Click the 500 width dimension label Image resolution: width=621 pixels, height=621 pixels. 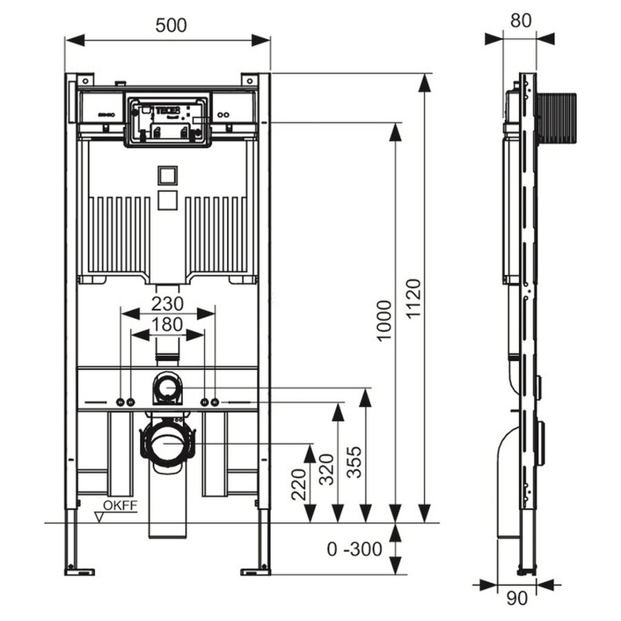pyautogui.click(x=170, y=26)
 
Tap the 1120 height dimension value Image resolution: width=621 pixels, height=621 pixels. pyautogui.click(x=412, y=299)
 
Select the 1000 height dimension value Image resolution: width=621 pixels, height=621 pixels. pyautogui.click(x=384, y=319)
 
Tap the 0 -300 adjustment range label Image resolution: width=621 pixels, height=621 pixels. pyautogui.click(x=355, y=549)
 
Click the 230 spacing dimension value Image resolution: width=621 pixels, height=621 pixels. pyautogui.click(x=168, y=304)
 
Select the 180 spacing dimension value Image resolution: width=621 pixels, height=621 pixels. pyautogui.click(x=168, y=324)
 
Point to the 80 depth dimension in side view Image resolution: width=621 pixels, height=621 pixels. pyautogui.click(x=521, y=21)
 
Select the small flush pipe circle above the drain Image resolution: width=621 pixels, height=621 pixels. pyautogui.click(x=166, y=388)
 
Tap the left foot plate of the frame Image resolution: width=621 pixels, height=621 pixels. pyautogui.click(x=79, y=570)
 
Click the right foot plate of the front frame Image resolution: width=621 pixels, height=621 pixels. pyautogui.click(x=256, y=570)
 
